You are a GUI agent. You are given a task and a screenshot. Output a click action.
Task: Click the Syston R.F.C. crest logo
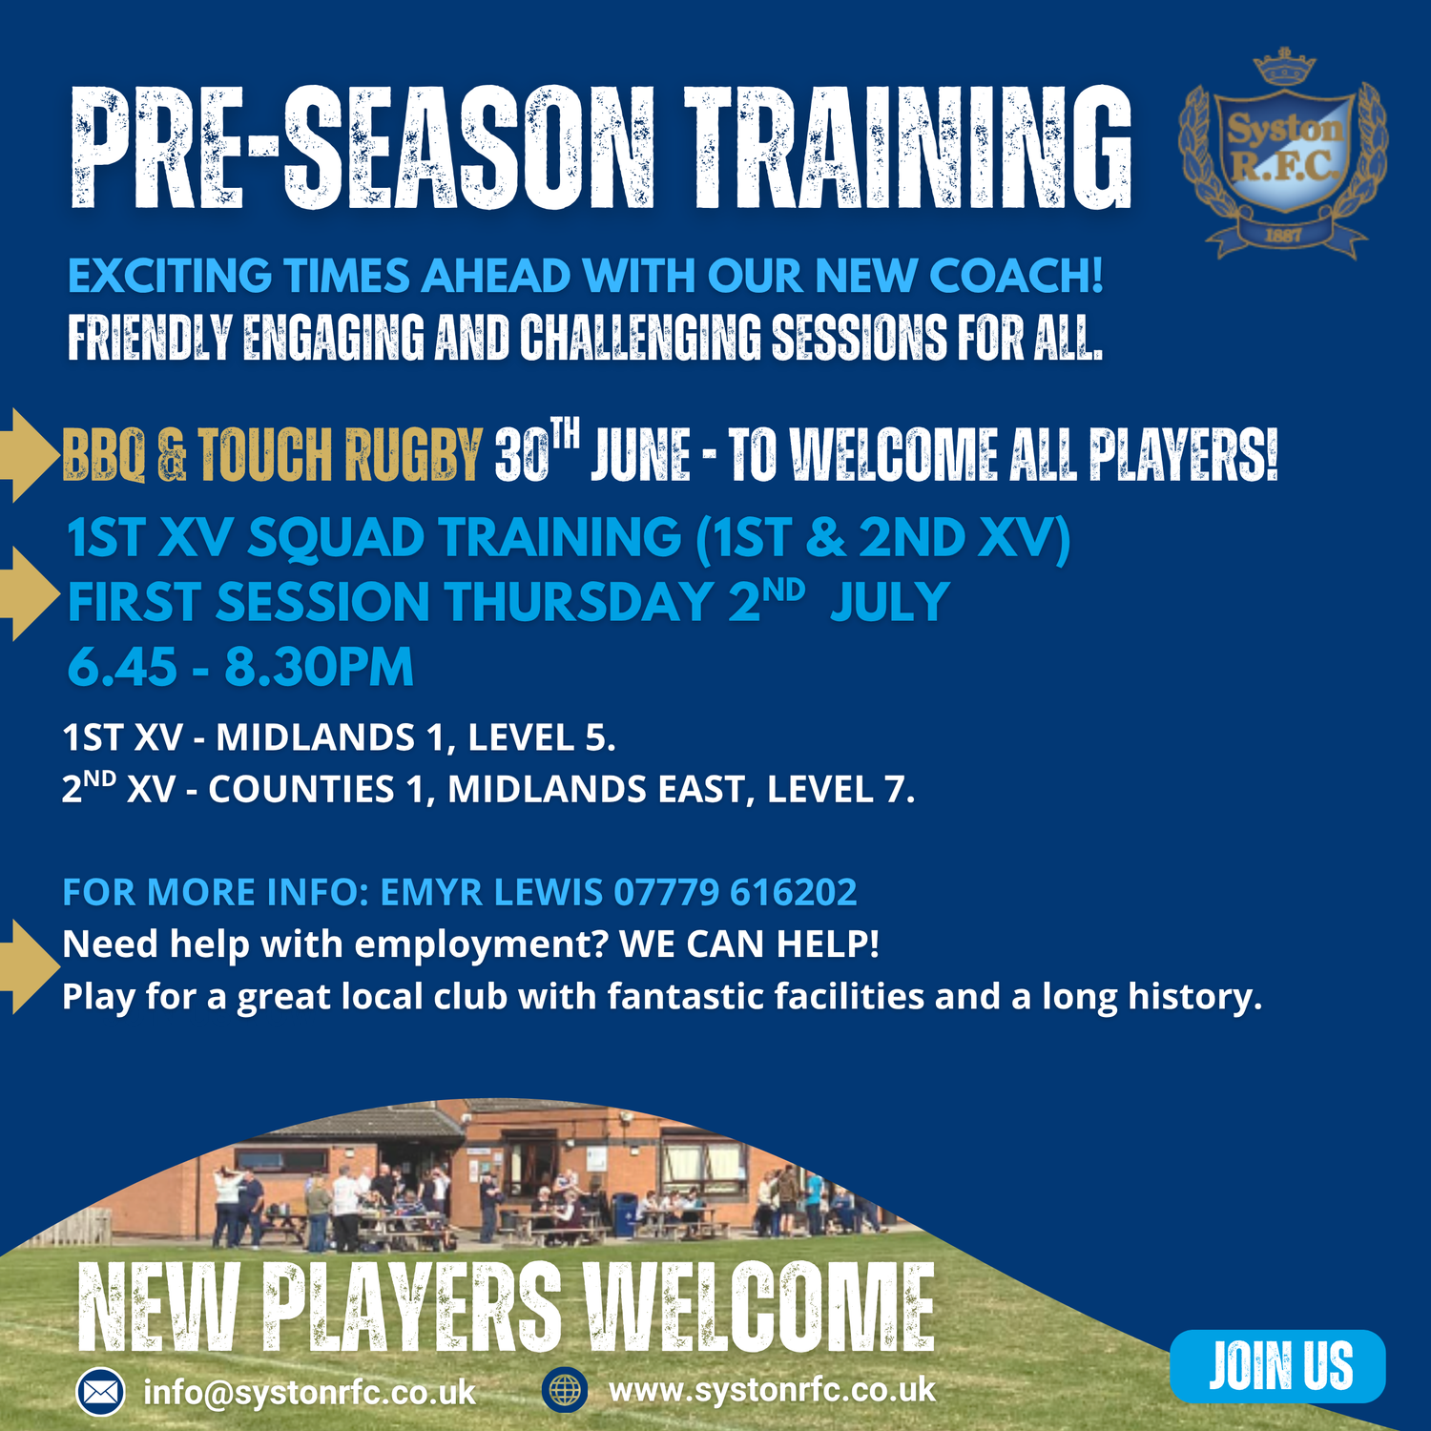click(1283, 153)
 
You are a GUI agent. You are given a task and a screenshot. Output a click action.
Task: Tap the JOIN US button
click(1277, 1365)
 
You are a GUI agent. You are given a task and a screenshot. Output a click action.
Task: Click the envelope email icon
click(100, 1392)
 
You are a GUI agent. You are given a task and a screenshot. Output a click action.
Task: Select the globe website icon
click(565, 1390)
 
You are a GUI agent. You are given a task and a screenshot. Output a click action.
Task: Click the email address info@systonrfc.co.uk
click(309, 1393)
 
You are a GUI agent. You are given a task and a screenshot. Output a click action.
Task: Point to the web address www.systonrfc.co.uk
click(772, 1390)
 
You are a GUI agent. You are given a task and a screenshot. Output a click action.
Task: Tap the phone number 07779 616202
click(736, 892)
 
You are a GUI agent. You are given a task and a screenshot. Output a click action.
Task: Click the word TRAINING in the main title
click(910, 148)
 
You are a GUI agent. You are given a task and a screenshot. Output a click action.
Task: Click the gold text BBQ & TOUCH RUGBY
click(272, 454)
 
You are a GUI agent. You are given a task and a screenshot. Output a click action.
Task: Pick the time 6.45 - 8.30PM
click(240, 666)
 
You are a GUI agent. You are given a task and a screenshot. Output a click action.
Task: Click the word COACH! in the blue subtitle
click(1016, 276)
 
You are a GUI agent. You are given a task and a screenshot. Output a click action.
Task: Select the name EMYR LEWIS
click(491, 892)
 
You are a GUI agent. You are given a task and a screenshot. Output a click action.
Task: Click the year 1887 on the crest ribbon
click(1283, 235)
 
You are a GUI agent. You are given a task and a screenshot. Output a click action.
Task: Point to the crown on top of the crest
click(1284, 68)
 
